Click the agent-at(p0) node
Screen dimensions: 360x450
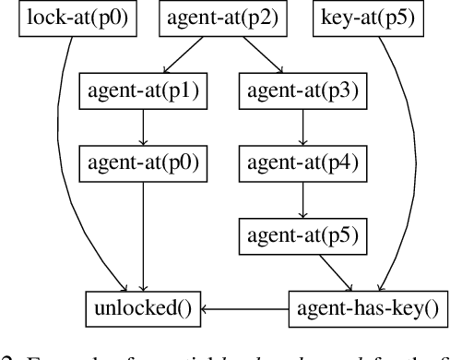click(x=143, y=162)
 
